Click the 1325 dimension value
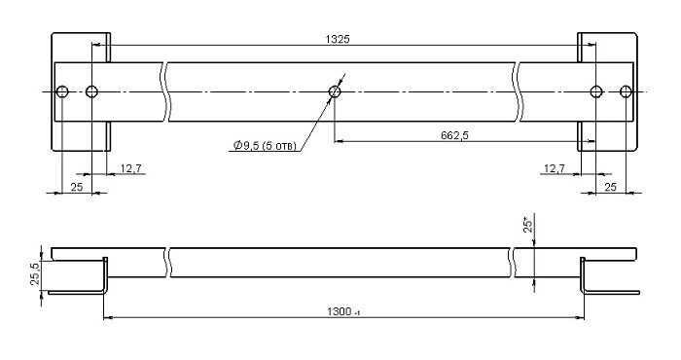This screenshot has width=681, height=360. coord(338,39)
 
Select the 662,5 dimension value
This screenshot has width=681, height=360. coord(454,135)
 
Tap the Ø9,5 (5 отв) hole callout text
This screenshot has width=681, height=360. coord(265,146)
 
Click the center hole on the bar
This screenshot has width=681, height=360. coord(335,91)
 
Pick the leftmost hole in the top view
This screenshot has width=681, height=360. coord(62,91)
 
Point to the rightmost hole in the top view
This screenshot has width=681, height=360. coord(626,91)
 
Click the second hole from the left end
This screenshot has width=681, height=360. coord(91,91)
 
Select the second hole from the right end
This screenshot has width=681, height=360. coord(596,91)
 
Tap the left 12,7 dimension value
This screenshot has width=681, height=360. coord(130,168)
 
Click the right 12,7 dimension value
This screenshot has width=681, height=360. coord(554,168)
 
